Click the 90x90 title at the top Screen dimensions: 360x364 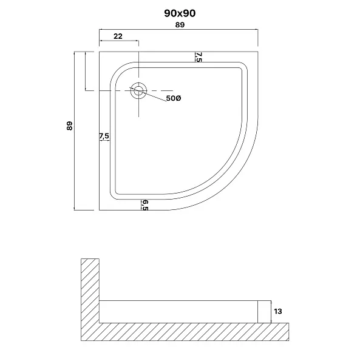pyautogui.click(x=180, y=13)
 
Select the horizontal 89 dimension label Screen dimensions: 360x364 pyautogui.click(x=180, y=25)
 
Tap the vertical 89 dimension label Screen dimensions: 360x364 pyautogui.click(x=69, y=126)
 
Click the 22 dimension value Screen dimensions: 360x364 pyautogui.click(x=118, y=36)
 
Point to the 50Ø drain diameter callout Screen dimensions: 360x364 pyautogui.click(x=174, y=98)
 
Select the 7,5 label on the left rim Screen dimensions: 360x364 pyautogui.click(x=104, y=136)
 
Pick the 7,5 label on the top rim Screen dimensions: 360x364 pyautogui.click(x=199, y=57)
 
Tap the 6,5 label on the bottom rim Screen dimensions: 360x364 pyautogui.click(x=144, y=205)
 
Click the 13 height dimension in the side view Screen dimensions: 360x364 pyautogui.click(x=278, y=311)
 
